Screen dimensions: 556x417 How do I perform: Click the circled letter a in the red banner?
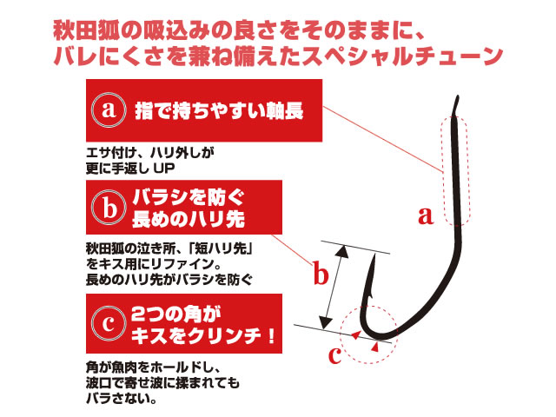point(109,110)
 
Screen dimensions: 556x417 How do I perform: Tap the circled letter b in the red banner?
point(109,208)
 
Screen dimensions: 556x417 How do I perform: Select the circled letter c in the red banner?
point(109,323)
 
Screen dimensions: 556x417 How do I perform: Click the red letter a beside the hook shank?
point(426,215)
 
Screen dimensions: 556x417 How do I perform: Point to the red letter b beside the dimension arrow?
point(321,273)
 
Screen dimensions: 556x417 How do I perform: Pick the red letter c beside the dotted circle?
point(335,355)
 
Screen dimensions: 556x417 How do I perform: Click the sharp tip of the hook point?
point(374,254)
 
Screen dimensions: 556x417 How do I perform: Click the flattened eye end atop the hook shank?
point(456,105)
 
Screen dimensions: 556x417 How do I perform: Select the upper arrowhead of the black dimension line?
point(341,251)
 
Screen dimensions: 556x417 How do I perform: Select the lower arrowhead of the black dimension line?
point(326,322)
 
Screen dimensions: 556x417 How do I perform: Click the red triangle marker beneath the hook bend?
point(375,347)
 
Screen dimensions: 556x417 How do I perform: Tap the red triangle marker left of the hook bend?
point(356,334)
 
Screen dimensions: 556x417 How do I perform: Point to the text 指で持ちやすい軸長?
point(219,111)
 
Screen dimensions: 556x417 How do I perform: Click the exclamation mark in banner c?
point(272,335)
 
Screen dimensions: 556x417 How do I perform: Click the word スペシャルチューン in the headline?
point(402,56)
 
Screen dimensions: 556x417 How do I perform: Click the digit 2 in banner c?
point(138,314)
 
